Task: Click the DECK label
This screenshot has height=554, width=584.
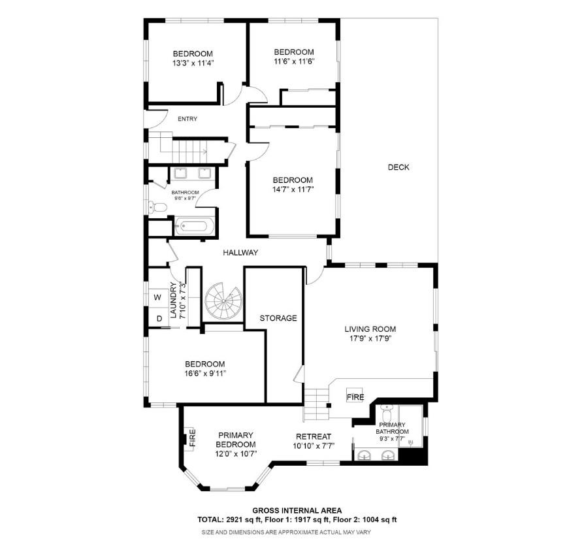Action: (398, 167)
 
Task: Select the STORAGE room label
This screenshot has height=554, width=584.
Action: (278, 318)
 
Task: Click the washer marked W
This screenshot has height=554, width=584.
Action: (157, 298)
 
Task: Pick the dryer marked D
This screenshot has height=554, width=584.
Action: (158, 319)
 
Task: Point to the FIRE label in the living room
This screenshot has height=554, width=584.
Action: (355, 397)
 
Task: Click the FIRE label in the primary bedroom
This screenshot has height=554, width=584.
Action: (192, 437)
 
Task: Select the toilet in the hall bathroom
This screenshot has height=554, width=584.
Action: (157, 208)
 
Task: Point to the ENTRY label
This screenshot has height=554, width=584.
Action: (187, 119)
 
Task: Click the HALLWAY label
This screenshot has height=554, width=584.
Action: (240, 253)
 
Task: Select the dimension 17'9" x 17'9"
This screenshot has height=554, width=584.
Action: (370, 339)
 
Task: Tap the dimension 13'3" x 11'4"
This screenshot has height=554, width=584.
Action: (193, 63)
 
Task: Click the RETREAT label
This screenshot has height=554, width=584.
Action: (314, 437)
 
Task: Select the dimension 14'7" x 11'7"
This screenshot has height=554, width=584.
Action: (293, 190)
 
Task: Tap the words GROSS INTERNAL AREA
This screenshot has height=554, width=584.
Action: (297, 511)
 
